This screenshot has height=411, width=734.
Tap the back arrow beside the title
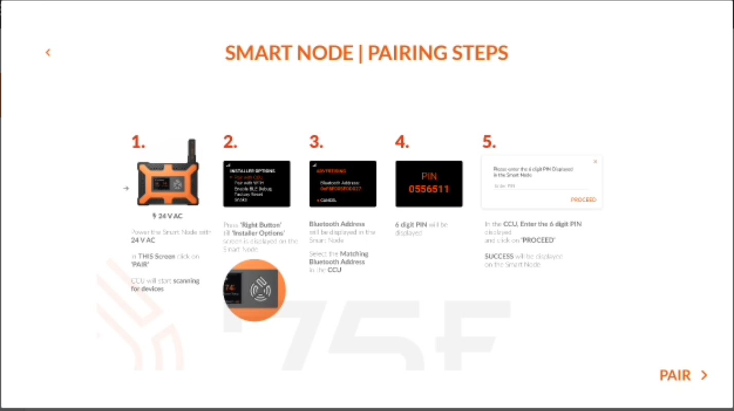[48, 52]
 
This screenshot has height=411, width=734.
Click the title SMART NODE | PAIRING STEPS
[366, 53]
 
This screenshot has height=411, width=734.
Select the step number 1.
[138, 142]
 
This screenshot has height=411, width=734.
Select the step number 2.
[230, 142]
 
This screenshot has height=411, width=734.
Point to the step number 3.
[316, 142]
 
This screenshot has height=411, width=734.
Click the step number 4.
[402, 142]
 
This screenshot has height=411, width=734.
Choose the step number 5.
[489, 142]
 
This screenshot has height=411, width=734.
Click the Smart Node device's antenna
[191, 150]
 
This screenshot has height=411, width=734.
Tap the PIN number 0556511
[429, 189]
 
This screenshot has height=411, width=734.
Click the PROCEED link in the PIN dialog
[583, 199]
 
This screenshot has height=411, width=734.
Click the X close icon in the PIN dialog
[595, 161]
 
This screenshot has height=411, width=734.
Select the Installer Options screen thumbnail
[256, 184]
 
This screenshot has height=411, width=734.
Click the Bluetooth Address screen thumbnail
[343, 184]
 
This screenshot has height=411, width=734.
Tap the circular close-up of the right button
[254, 290]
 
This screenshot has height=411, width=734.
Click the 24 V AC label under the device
[168, 216]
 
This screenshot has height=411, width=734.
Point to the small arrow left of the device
[126, 189]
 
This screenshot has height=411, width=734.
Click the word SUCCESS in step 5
[499, 256]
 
